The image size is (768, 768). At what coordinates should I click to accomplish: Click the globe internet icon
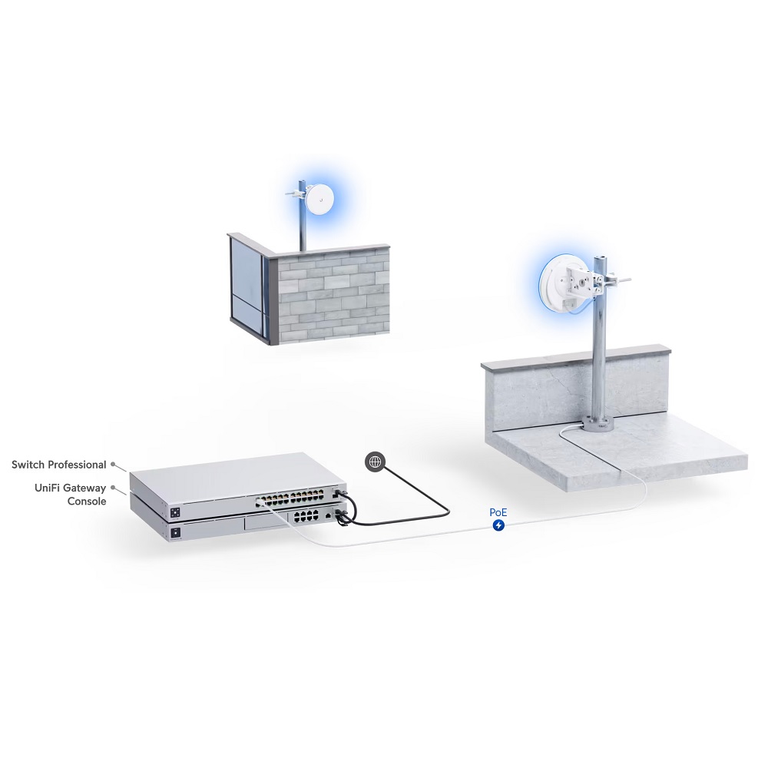(376, 462)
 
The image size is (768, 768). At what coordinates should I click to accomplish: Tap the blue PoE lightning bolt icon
(498, 525)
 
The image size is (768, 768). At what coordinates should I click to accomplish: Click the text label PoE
(498, 512)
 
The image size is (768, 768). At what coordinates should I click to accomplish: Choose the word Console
(87, 501)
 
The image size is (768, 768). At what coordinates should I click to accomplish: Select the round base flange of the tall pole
(598, 424)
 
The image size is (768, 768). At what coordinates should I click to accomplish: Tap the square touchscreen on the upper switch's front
(175, 513)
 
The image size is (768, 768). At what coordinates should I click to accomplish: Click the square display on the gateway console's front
(176, 533)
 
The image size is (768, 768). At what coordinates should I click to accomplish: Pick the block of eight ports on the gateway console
(306, 515)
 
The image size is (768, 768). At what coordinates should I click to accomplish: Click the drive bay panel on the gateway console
(266, 523)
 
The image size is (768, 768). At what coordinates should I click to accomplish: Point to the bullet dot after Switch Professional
(113, 464)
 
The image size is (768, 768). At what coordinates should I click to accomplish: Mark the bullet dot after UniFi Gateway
(113, 488)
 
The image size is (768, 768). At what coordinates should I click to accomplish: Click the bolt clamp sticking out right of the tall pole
(617, 281)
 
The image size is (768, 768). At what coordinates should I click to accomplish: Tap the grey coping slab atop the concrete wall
(576, 358)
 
